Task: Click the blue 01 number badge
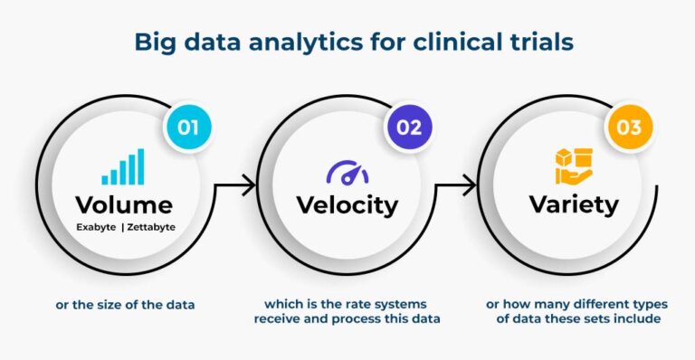[x=187, y=126]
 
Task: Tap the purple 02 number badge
[x=409, y=126]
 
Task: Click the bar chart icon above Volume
[x=123, y=167]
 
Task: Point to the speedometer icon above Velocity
[x=347, y=171]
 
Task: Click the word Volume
[x=125, y=204]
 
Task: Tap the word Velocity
[x=347, y=204]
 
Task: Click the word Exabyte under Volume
[x=94, y=227]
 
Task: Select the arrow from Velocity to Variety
[x=458, y=187]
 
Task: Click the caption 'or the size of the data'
[x=125, y=304]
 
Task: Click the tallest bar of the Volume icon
[x=140, y=166]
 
